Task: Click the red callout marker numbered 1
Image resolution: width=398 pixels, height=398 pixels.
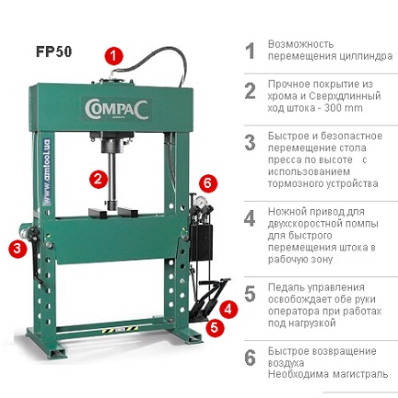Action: click(113, 54)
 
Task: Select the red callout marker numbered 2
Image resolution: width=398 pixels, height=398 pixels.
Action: click(97, 178)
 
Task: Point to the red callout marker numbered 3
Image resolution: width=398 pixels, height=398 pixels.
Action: click(18, 247)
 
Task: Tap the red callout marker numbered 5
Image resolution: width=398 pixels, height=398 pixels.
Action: click(215, 325)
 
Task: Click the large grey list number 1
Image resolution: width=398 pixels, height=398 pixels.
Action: click(249, 51)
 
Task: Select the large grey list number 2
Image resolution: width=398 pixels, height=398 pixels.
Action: click(249, 91)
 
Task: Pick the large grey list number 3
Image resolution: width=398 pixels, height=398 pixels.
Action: click(249, 143)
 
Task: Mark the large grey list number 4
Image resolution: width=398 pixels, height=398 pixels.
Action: click(249, 218)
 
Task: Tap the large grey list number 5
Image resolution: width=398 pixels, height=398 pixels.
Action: click(249, 294)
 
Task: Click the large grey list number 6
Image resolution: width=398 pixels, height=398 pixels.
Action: click(249, 357)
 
